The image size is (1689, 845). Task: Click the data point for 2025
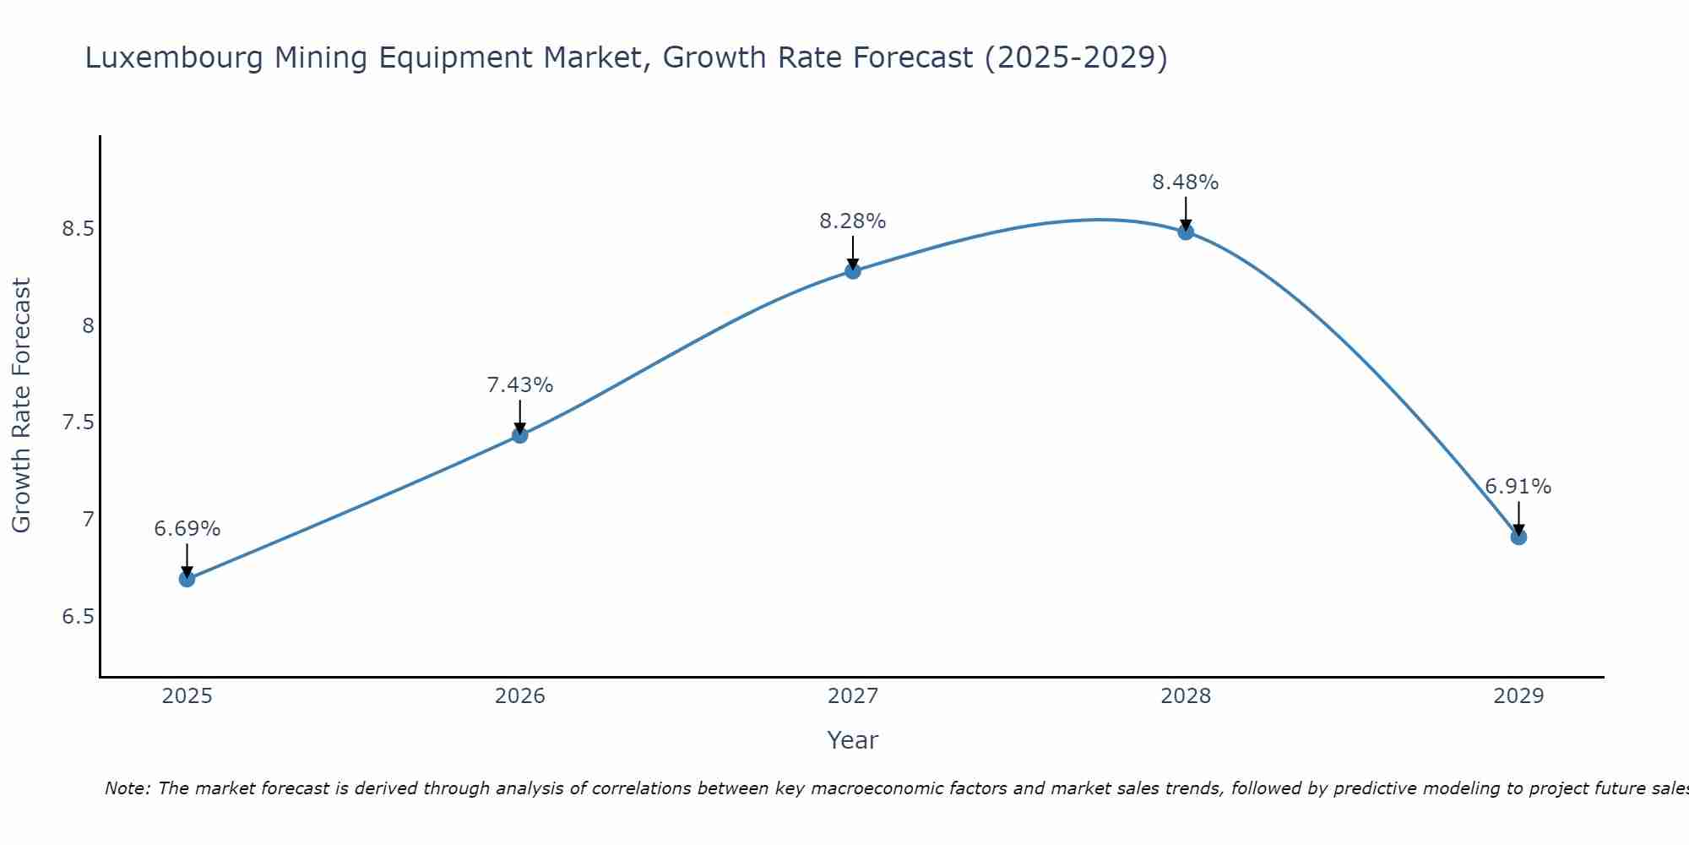[x=187, y=579]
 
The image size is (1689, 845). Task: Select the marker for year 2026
[x=520, y=435]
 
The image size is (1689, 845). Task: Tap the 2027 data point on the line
[x=853, y=271]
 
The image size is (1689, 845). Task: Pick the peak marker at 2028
[x=1186, y=232]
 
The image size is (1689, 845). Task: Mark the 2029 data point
[x=1518, y=537]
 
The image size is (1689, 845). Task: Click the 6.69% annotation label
[x=187, y=529]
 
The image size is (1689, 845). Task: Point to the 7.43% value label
[x=520, y=385]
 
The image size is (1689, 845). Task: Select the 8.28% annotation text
[x=853, y=221]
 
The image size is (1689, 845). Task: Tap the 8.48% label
[x=1186, y=183]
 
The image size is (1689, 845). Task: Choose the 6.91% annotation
[x=1518, y=487]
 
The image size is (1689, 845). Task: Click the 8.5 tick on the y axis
[x=79, y=229]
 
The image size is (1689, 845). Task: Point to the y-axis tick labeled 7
[x=88, y=519]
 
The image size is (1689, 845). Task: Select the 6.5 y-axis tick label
[x=79, y=616]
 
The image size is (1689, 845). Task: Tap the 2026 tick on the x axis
[x=520, y=696]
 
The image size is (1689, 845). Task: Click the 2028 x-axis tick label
[x=1186, y=696]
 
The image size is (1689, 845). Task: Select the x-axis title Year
[x=853, y=740]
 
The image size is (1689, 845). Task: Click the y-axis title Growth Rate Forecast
[x=21, y=406]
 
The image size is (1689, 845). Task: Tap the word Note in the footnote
[x=127, y=788]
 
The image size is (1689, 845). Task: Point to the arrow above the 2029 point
[x=1518, y=517]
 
